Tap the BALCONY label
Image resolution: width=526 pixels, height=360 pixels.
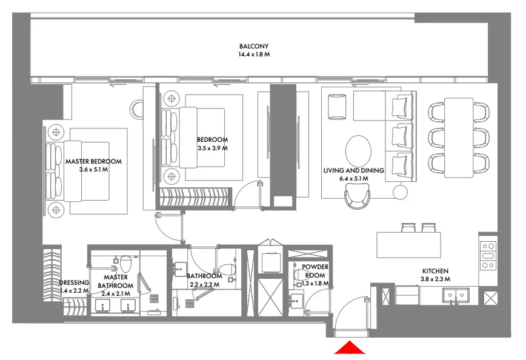(253, 47)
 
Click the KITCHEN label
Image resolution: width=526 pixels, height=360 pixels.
(435, 271)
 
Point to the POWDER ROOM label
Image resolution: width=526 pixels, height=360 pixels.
(315, 271)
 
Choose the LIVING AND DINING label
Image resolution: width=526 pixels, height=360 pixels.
(353, 171)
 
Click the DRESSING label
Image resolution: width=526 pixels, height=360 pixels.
(74, 282)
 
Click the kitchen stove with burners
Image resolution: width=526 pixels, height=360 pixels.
(488, 255)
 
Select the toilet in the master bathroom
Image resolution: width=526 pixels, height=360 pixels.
(126, 264)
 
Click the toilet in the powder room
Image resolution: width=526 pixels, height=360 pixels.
(298, 275)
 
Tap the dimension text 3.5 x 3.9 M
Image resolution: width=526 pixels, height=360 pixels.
(212, 148)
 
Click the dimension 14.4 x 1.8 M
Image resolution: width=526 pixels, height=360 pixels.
(253, 55)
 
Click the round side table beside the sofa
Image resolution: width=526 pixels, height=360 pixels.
(400, 192)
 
